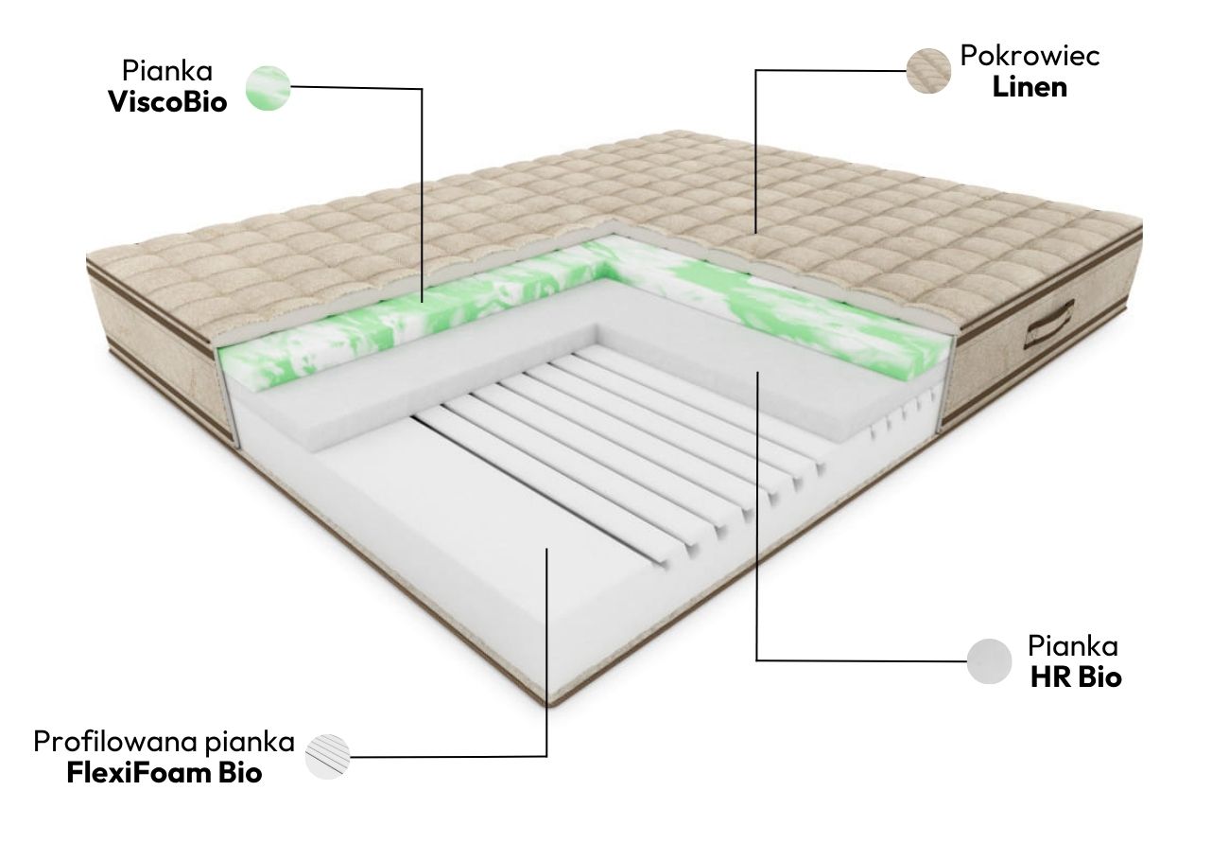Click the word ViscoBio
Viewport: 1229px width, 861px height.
click(x=167, y=103)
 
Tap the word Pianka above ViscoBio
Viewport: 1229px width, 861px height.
click(x=166, y=71)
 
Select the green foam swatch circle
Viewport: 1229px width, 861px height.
click(x=268, y=88)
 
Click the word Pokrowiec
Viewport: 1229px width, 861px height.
click(x=1030, y=56)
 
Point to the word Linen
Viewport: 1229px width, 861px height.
click(x=1030, y=87)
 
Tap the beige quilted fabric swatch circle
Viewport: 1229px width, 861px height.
click(x=928, y=71)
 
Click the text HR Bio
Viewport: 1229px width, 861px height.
click(x=1076, y=677)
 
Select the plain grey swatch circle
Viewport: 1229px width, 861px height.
click(x=989, y=661)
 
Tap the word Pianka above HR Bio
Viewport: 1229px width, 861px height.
click(x=1073, y=645)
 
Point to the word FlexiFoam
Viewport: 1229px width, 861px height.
click(x=139, y=773)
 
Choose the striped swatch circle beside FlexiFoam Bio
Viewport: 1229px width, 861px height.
click(x=327, y=757)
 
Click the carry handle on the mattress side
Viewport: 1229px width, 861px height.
click(x=1048, y=325)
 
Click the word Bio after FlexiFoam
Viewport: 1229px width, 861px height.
click(x=240, y=773)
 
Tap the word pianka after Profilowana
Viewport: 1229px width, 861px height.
click(x=250, y=743)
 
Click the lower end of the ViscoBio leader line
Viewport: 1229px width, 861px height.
click(x=422, y=302)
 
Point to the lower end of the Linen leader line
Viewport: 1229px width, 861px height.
click(x=755, y=234)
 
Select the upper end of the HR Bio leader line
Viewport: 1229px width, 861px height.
click(x=756, y=372)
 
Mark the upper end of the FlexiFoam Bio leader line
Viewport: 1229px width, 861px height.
click(x=546, y=548)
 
